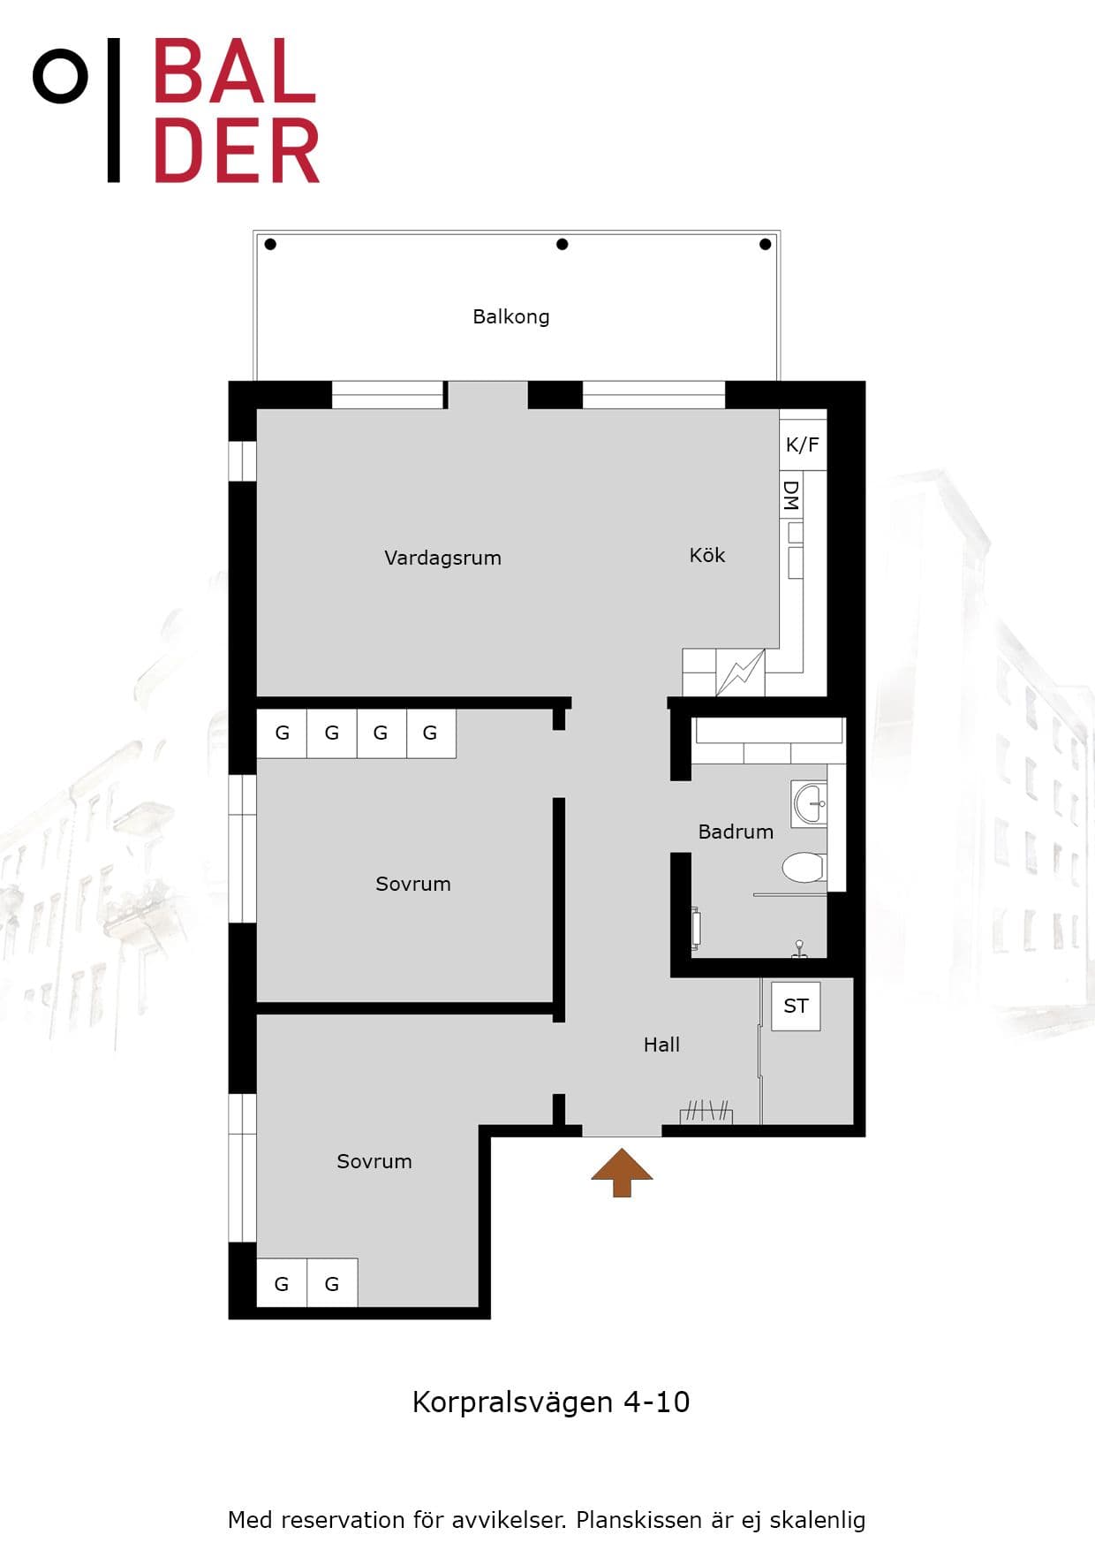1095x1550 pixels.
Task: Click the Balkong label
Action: [x=510, y=316]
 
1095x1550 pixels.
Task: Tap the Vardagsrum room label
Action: [x=442, y=558]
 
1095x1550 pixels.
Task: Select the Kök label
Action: [x=707, y=555]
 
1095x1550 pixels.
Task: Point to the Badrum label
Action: [x=736, y=832]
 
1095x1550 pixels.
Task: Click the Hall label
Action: [x=661, y=1045]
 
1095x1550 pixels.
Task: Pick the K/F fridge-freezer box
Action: [x=803, y=444]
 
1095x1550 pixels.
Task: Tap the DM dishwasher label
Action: [x=791, y=496]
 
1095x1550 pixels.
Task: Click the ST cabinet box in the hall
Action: [x=796, y=1006]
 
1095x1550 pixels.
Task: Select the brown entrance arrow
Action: [x=622, y=1173]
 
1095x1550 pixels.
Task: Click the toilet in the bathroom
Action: [x=804, y=868]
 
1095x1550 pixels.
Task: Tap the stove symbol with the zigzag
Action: [x=740, y=672]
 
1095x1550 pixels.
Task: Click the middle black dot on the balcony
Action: [x=562, y=244]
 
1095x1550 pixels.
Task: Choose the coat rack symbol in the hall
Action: [x=706, y=1112]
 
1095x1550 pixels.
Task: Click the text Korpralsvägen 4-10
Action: [x=551, y=1402]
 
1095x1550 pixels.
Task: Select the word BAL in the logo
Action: [x=235, y=72]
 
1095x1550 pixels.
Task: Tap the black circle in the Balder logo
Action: [x=60, y=76]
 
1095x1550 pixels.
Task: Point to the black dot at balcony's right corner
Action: [x=765, y=244]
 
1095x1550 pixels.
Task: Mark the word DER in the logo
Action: [x=237, y=152]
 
